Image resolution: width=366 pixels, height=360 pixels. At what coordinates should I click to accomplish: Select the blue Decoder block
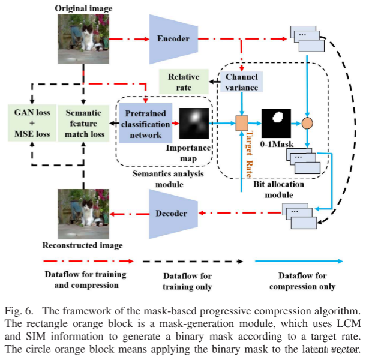click(172, 212)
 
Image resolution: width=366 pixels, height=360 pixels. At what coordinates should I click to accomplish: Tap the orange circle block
click(308, 123)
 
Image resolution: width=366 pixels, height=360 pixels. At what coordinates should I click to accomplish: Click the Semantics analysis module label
click(164, 178)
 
